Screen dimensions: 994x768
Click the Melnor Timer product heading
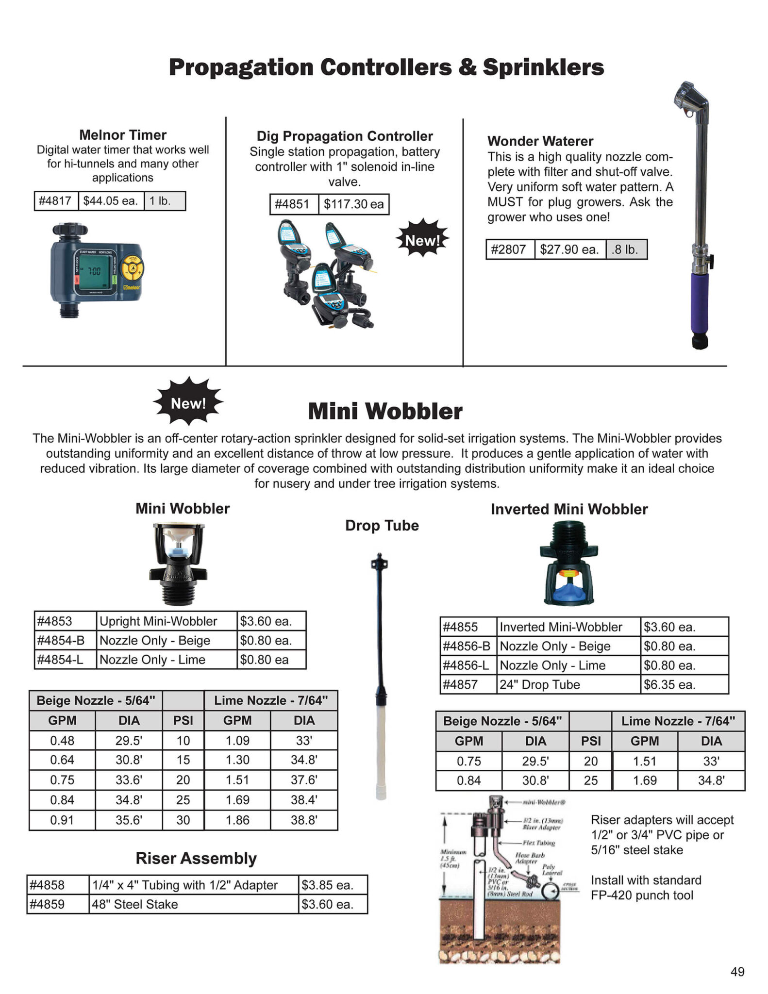pyautogui.click(x=123, y=134)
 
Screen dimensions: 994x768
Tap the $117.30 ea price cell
pyautogui.click(x=353, y=204)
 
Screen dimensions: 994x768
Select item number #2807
pyautogui.click(x=509, y=249)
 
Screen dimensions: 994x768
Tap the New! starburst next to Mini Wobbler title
pyautogui.click(x=188, y=403)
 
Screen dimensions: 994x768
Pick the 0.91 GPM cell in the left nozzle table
pyautogui.click(x=62, y=820)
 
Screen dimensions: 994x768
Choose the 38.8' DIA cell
pyautogui.click(x=304, y=820)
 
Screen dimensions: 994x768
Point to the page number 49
pyautogui.click(x=737, y=972)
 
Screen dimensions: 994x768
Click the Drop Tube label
pyautogui.click(x=382, y=526)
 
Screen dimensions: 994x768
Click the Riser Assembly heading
pyautogui.click(x=196, y=858)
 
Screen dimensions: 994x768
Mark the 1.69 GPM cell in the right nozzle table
pyautogui.click(x=645, y=780)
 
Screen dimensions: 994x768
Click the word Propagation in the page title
pyautogui.click(x=241, y=67)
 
